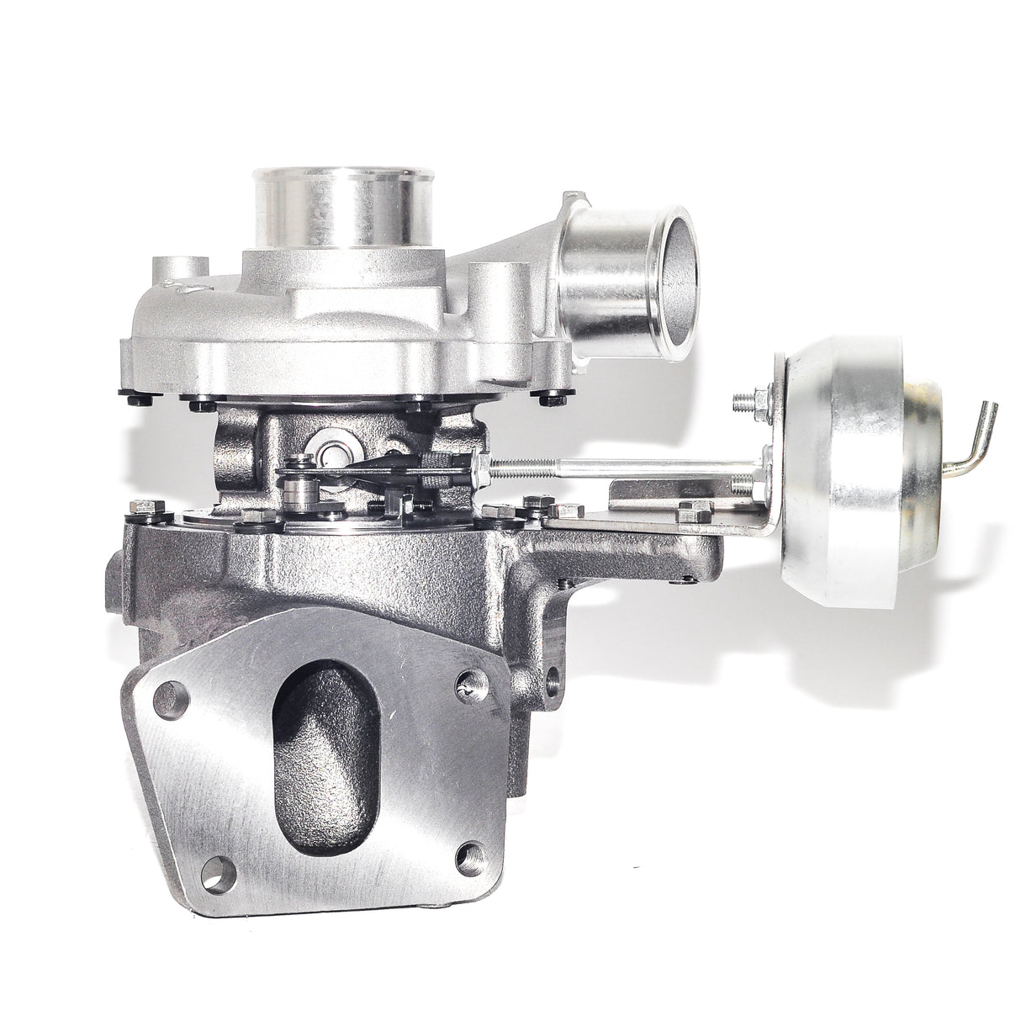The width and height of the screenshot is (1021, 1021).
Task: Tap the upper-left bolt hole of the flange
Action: point(171,700)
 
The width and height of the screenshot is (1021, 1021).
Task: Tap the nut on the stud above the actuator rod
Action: point(759,396)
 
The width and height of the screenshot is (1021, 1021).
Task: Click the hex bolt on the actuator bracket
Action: point(696,508)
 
